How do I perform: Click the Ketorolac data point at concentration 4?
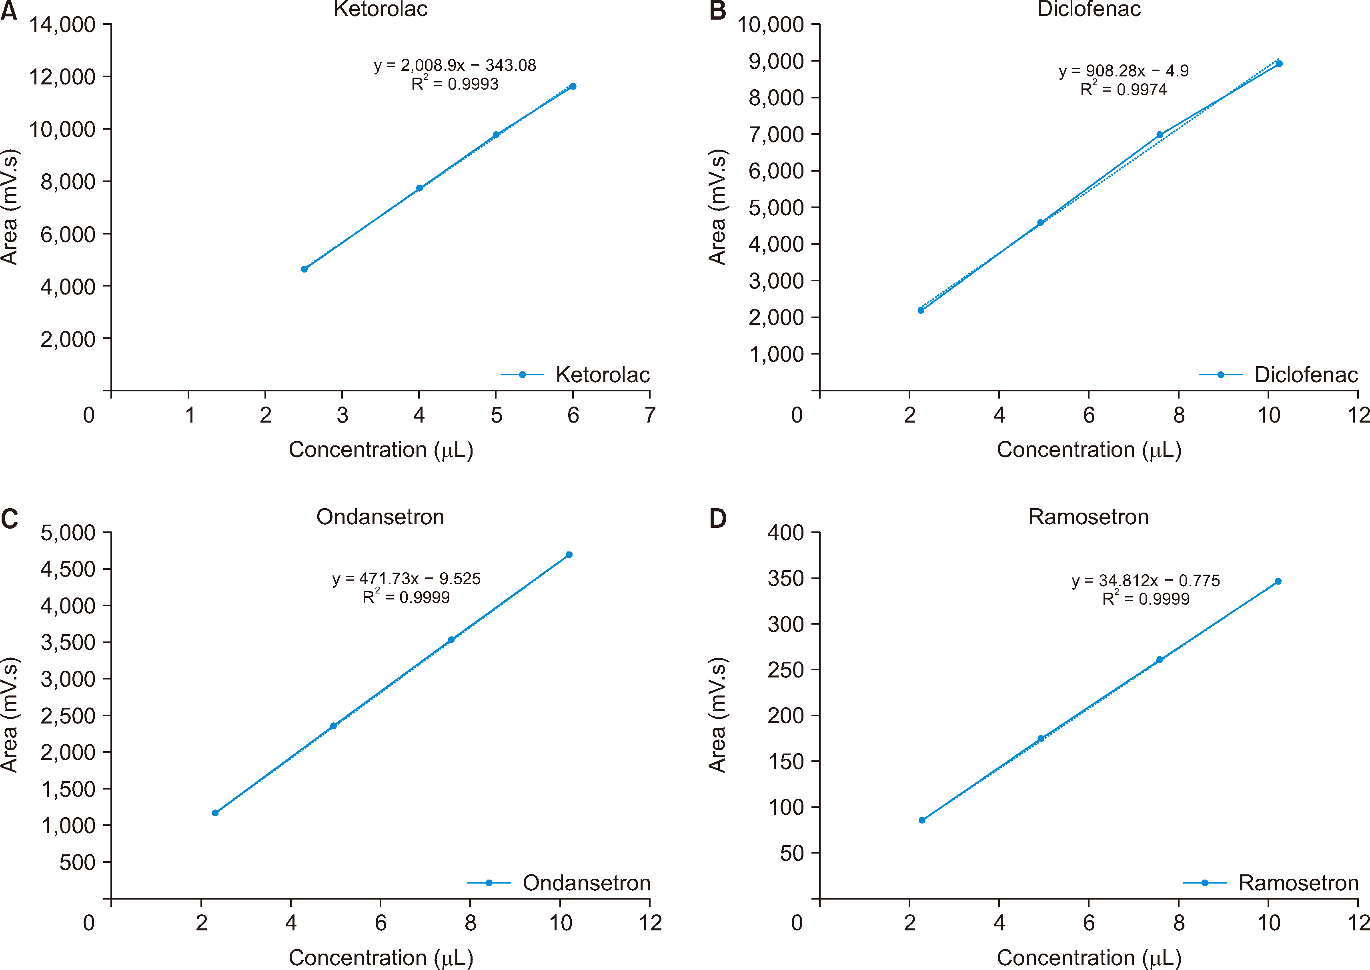pos(419,188)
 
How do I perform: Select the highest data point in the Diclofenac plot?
pos(1279,63)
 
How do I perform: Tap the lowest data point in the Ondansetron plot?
pos(215,813)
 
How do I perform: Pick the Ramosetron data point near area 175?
pos(1041,739)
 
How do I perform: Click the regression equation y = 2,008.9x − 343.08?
pos(455,65)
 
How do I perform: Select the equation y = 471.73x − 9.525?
pos(406,579)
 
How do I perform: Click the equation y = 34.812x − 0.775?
pos(1146,581)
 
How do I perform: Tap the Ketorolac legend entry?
pos(575,375)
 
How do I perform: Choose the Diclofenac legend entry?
pos(1279,375)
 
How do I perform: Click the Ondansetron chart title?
pos(381,517)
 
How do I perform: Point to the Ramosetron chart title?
pos(1088,517)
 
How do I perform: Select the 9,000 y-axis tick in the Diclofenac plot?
pos(776,61)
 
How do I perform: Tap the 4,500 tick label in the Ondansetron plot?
pos(68,569)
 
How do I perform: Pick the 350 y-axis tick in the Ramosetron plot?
pos(785,578)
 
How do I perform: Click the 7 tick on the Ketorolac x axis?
pos(650,415)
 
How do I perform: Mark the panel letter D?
pos(717,518)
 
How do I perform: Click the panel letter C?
pos(10,518)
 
